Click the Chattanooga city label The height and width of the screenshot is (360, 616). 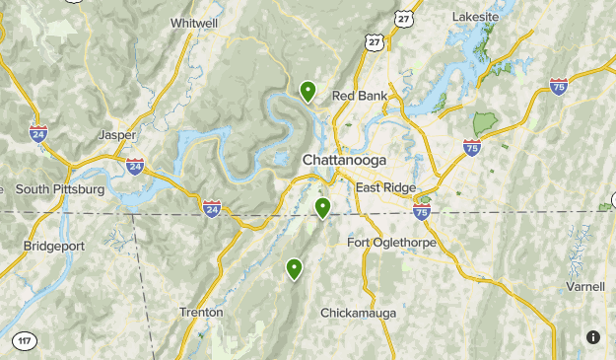coord(344,160)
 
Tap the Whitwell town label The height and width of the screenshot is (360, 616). coord(193,22)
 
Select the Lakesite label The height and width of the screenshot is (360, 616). coord(476,17)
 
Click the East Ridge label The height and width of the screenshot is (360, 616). coord(386,187)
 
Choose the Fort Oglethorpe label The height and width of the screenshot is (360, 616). coord(391,243)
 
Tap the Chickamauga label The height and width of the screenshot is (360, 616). coord(358,313)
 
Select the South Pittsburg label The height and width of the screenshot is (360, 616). coord(60,188)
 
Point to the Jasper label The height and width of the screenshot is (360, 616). coord(117,134)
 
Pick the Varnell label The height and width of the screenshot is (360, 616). coord(584,287)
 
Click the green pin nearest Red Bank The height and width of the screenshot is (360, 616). coord(308,92)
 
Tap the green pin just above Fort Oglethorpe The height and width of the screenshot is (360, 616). coord(322,207)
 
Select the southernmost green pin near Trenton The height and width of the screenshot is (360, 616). coord(294,268)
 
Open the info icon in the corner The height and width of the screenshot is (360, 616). coord(593,337)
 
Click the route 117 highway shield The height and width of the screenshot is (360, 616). coord(26,341)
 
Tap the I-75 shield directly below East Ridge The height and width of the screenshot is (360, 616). coord(422,212)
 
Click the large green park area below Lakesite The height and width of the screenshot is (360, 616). coord(484,124)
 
